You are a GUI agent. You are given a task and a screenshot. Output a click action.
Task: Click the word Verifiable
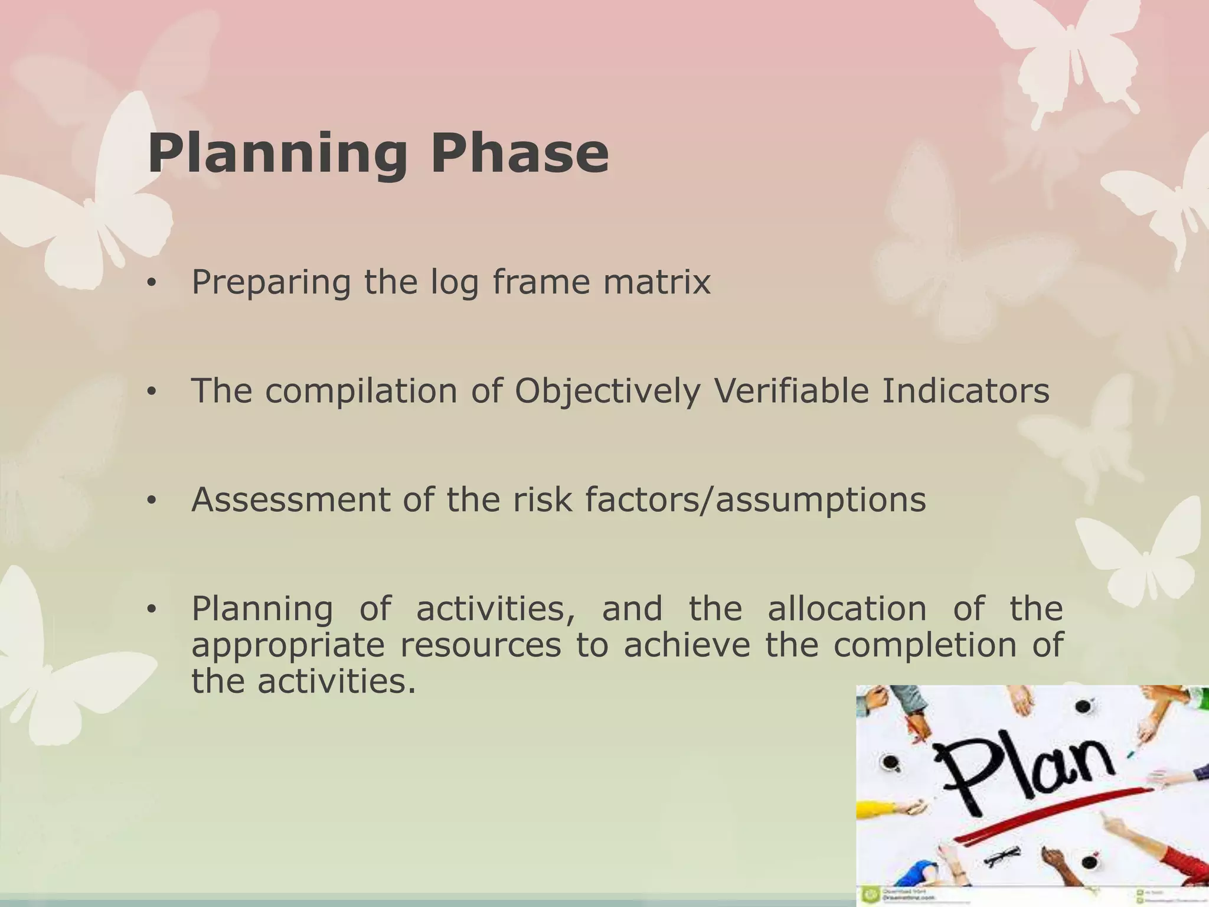[x=791, y=391]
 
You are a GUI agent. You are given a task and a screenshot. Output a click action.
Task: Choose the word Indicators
[x=966, y=391]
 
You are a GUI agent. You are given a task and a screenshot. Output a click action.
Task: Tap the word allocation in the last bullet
[x=847, y=609]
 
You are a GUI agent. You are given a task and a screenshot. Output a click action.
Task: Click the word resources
[x=481, y=645]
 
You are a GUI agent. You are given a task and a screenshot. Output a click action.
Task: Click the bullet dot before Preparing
[x=152, y=283]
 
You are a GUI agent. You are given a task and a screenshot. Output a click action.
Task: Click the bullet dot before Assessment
[x=152, y=501]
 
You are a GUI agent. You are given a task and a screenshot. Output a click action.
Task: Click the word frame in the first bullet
[x=541, y=282]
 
